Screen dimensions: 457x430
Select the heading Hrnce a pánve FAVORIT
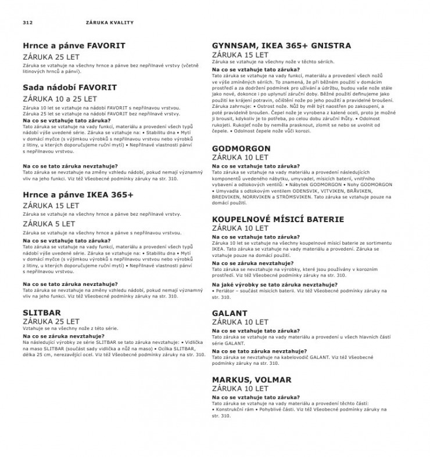coord(74,45)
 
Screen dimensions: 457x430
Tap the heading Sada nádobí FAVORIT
coord(69,88)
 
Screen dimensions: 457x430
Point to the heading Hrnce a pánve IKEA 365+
coord(78,195)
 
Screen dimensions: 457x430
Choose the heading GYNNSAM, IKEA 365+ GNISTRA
coord(281,45)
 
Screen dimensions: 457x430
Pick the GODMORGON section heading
coord(241,148)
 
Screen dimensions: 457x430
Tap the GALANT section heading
coord(230,313)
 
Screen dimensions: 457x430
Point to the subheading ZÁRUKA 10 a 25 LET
coord(59,99)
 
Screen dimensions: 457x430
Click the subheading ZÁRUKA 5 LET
coord(49,223)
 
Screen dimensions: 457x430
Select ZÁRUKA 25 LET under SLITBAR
coord(51,321)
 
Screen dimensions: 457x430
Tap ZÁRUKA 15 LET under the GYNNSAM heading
coord(241,55)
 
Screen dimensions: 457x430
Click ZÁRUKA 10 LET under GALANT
coord(241,322)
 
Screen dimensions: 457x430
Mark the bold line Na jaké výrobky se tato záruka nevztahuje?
coord(275,285)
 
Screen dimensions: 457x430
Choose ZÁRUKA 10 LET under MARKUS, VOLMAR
coord(241,388)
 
